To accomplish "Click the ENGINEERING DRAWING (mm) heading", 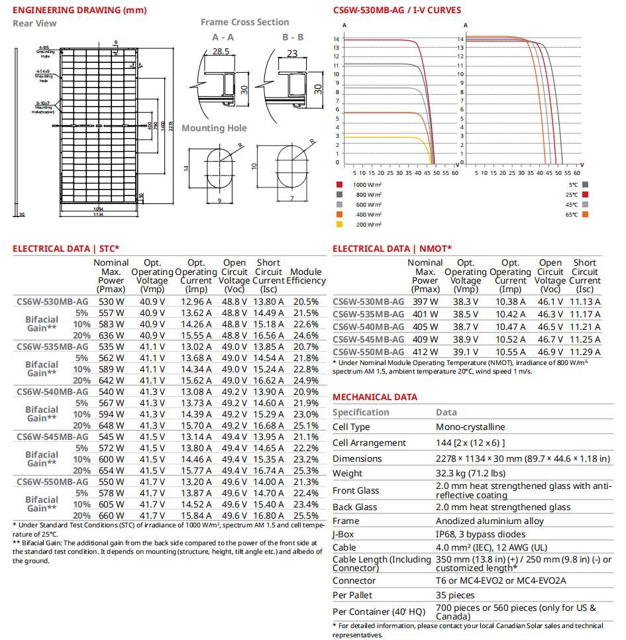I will pyautogui.click(x=79, y=10).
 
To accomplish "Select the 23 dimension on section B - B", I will pyautogui.click(x=292, y=54).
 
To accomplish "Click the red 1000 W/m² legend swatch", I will pyautogui.click(x=340, y=184).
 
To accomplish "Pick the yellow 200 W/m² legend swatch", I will pyautogui.click(x=340, y=225).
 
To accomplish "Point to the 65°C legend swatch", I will pyautogui.click(x=586, y=215).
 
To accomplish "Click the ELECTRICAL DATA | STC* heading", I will pyautogui.click(x=66, y=248).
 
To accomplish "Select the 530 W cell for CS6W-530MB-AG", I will pyautogui.click(x=111, y=301).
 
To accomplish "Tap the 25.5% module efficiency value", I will pyautogui.click(x=305, y=515).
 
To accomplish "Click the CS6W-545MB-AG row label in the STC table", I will pyautogui.click(x=52, y=437).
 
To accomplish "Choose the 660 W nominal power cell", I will pyautogui.click(x=111, y=515).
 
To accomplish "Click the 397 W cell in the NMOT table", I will pyautogui.click(x=425, y=301).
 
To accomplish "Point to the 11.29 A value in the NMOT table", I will pyautogui.click(x=586, y=352).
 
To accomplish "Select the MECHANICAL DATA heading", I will pyautogui.click(x=375, y=397).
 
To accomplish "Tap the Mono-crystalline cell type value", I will pyautogui.click(x=470, y=427).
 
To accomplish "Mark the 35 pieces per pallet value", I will pyautogui.click(x=455, y=595).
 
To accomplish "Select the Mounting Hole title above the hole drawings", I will pyautogui.click(x=214, y=128).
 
